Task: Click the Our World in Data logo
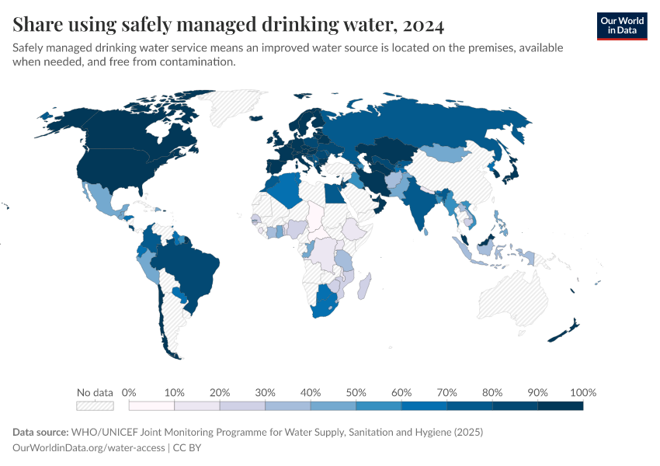click(621, 26)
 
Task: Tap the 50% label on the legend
click(356, 392)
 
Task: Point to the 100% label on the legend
click(582, 392)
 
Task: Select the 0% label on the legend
click(130, 392)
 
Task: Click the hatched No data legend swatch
click(95, 405)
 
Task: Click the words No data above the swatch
click(95, 392)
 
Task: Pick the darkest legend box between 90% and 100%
click(560, 405)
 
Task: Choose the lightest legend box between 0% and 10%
click(151, 405)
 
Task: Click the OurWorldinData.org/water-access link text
click(89, 447)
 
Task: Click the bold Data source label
click(40, 432)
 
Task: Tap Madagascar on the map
click(363, 285)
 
